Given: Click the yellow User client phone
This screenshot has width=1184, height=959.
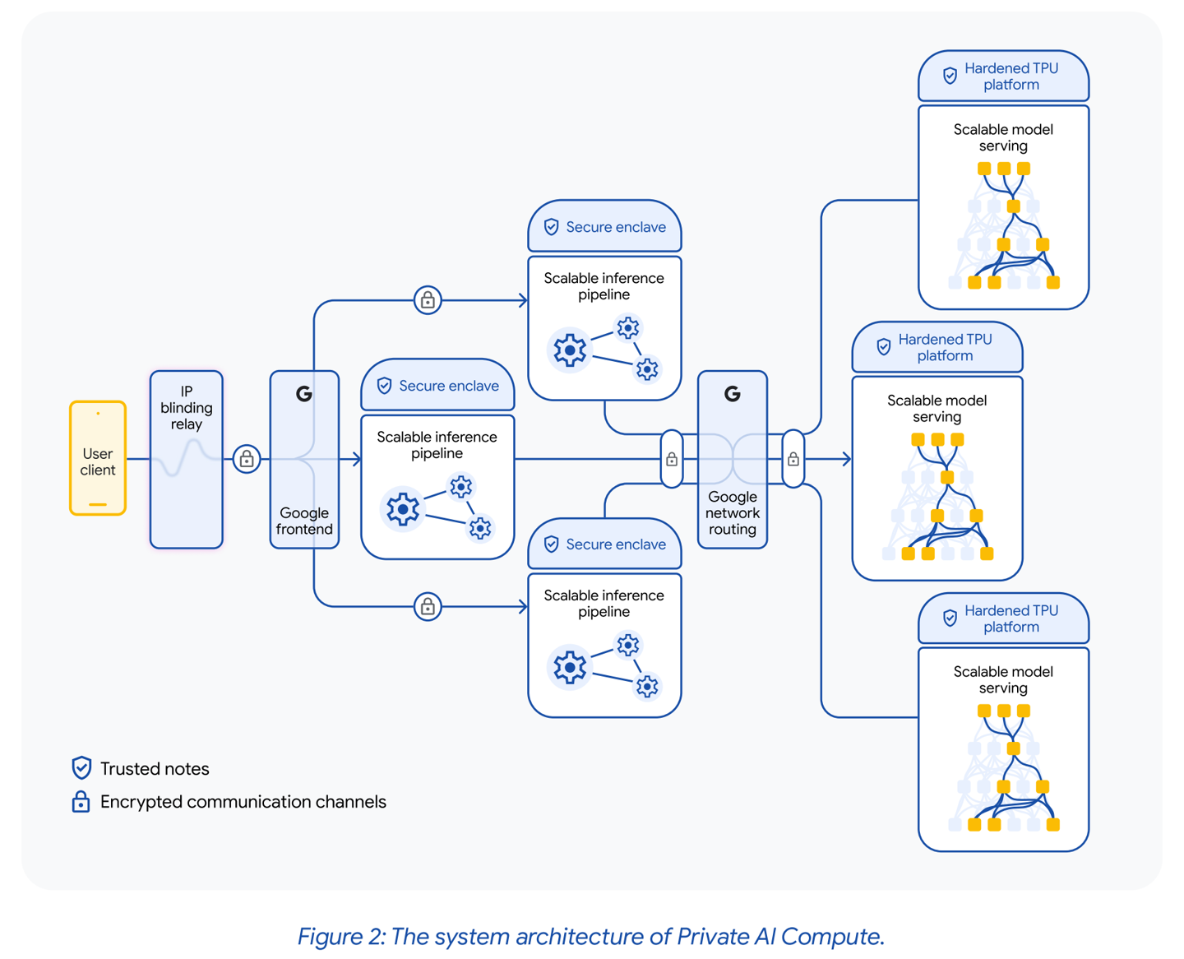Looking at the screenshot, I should (x=98, y=458).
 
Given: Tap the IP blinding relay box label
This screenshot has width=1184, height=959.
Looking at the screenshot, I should (x=187, y=408).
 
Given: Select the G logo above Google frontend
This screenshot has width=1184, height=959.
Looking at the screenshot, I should (x=304, y=394).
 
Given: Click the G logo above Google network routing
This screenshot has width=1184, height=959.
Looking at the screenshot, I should (x=732, y=394).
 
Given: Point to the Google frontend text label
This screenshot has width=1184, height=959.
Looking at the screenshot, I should (x=304, y=521).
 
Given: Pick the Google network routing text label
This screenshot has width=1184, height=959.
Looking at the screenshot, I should (x=732, y=512).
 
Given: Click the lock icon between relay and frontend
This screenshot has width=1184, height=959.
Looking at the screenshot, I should (x=247, y=459).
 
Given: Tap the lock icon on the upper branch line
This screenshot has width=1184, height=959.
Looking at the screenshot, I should (x=428, y=300).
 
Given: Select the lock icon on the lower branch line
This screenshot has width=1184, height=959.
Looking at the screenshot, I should (x=428, y=607).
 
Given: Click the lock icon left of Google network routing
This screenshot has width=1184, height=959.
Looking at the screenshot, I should (x=672, y=459).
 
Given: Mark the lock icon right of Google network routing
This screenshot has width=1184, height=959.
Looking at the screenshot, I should (x=793, y=459).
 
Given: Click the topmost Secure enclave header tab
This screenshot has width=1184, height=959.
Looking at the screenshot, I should (x=604, y=227).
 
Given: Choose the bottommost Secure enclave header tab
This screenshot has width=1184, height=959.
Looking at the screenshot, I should (x=604, y=544).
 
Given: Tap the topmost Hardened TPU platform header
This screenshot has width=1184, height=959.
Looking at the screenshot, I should (x=1003, y=76).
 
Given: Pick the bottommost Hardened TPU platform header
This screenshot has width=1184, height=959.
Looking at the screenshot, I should (x=1003, y=618).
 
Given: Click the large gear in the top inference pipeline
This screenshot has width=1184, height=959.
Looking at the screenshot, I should (x=569, y=350).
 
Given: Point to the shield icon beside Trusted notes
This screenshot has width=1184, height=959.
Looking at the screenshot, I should (x=81, y=768).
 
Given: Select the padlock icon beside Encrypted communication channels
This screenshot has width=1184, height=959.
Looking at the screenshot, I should (x=81, y=801).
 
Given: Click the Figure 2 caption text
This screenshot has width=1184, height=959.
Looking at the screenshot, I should (x=590, y=936).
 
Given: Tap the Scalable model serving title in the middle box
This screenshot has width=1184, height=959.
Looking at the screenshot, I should (x=937, y=409).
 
